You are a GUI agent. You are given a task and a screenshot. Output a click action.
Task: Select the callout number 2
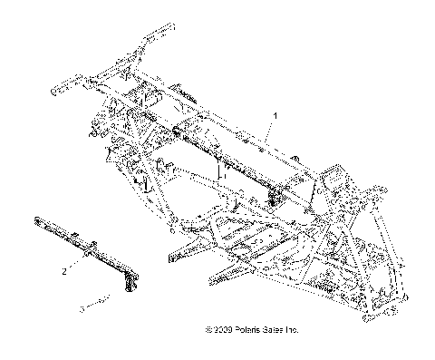point(65,271)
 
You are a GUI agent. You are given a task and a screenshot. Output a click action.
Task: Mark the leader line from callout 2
point(78,265)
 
